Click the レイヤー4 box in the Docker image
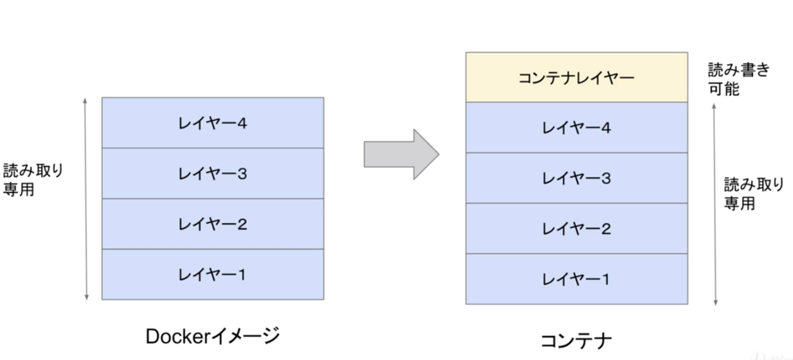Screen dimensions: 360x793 coord(212,122)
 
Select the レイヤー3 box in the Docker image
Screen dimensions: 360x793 coord(212,173)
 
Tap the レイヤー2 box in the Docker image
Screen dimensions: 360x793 coord(212,224)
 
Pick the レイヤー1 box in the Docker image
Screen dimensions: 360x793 coord(212,274)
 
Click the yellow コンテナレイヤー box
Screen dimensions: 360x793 coord(576,77)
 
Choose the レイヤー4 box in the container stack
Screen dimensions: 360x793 coord(576,127)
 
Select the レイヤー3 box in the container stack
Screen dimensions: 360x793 coord(576,178)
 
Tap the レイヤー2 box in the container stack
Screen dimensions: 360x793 coord(576,228)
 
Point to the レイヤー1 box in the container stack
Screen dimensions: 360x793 coord(576,279)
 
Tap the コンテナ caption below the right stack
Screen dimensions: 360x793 coord(576,340)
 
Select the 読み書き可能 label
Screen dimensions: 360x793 coord(739,79)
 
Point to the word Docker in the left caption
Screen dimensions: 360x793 coord(177,335)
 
